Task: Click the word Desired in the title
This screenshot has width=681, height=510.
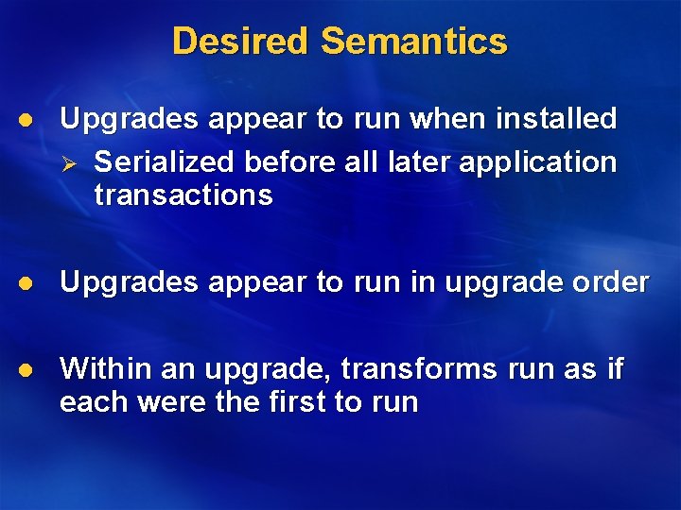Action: point(241,42)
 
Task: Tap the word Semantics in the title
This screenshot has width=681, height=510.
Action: point(414,42)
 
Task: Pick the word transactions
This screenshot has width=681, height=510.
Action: point(183,195)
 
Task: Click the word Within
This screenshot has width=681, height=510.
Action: point(103,369)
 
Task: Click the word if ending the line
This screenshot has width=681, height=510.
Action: point(614,369)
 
